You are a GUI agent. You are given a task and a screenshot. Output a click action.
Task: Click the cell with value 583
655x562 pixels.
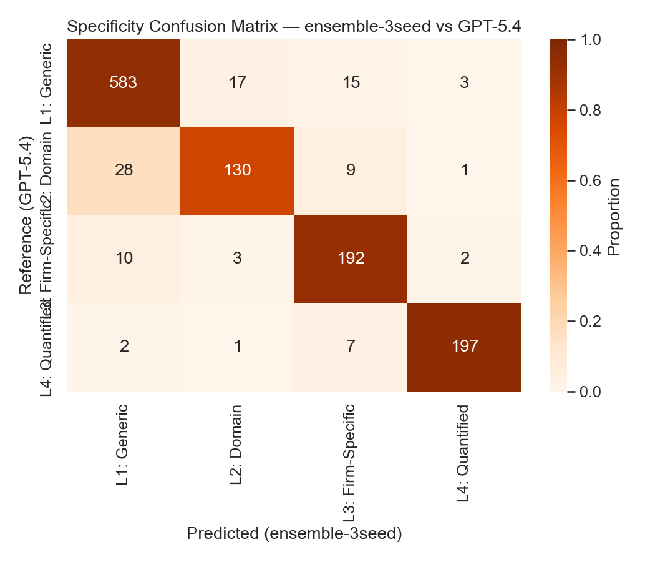(x=124, y=82)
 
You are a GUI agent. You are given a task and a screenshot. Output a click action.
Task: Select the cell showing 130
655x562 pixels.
(x=237, y=170)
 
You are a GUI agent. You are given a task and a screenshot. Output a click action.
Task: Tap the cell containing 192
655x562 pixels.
(x=351, y=259)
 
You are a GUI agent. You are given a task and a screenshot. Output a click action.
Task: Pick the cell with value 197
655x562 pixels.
(x=464, y=347)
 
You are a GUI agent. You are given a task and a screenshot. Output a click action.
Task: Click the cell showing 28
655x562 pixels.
(x=124, y=170)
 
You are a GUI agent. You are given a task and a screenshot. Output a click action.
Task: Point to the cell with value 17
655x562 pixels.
(x=237, y=82)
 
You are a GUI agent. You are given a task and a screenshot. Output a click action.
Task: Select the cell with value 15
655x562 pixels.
(x=351, y=82)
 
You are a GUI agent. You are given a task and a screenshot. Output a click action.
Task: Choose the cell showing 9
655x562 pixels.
(x=351, y=170)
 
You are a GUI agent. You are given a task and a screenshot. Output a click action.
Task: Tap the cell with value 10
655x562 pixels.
(x=124, y=259)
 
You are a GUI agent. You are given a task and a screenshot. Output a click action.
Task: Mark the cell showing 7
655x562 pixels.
(x=351, y=347)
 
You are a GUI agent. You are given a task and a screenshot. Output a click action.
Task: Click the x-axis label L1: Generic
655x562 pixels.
(x=123, y=445)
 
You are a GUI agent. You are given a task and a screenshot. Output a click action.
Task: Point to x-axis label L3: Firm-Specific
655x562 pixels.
(x=351, y=462)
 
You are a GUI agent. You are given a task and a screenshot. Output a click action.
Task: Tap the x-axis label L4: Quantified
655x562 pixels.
(x=463, y=453)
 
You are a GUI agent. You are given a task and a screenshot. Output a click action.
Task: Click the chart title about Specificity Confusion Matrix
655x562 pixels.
(x=294, y=27)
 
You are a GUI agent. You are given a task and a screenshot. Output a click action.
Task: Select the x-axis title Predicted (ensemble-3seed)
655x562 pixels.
(x=294, y=534)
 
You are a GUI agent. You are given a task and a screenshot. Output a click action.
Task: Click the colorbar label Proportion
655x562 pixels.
(x=614, y=216)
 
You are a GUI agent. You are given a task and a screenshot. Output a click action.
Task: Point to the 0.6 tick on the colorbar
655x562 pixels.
(x=589, y=180)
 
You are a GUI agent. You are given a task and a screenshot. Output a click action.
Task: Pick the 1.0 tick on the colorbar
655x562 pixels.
(x=589, y=39)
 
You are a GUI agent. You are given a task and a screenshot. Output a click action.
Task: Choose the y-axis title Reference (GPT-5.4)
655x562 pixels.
(x=26, y=216)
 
